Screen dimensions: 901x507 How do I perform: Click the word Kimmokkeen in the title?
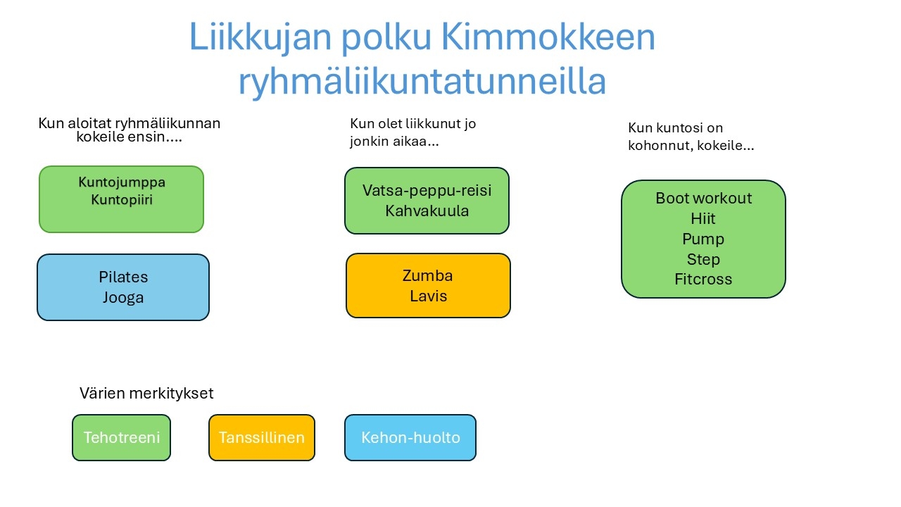[548, 37]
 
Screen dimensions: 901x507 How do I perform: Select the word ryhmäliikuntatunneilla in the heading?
[422, 82]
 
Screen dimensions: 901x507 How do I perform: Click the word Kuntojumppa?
[122, 182]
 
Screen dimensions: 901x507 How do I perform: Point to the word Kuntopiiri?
[122, 199]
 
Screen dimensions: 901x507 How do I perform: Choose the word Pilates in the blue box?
[123, 277]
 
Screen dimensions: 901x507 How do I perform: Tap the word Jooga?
[123, 298]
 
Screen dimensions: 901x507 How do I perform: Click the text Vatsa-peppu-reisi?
[427, 191]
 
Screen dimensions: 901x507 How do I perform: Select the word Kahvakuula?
[427, 211]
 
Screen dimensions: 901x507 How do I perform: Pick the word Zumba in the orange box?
[427, 275]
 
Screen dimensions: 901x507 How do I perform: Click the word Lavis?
[429, 296]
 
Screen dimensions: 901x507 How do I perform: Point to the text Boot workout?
[703, 198]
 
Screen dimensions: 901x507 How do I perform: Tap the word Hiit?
[703, 218]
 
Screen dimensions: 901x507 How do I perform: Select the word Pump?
[703, 239]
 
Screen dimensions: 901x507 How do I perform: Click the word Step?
[703, 260]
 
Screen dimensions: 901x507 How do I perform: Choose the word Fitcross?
[703, 280]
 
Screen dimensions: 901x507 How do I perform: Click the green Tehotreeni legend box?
[122, 438]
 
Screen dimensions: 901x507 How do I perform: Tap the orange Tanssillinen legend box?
[262, 438]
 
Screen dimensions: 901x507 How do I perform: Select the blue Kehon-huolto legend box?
[410, 438]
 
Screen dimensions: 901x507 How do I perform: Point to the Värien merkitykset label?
[146, 394]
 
